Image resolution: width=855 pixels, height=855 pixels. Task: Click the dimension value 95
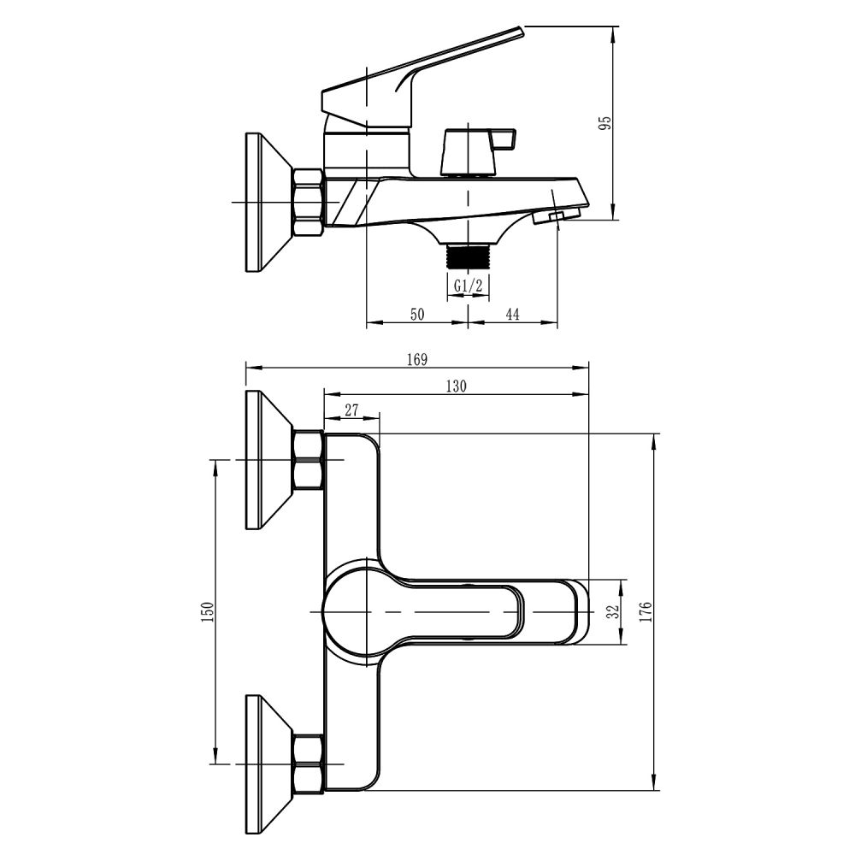pos(605,122)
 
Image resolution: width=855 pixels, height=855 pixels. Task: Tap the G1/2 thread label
pos(468,285)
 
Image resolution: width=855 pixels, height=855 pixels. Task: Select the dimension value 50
pos(417,314)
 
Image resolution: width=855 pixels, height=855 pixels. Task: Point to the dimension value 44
pos(512,314)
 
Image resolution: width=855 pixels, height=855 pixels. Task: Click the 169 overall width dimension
pos(417,360)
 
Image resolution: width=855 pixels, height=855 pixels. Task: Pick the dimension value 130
pos(457,386)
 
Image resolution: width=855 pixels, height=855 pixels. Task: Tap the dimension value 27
pos(351,410)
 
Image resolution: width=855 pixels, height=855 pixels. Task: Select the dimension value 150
pos(207,612)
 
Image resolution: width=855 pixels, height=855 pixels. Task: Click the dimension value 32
pos(615,611)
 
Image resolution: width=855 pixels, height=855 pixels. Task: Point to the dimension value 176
pos(646,612)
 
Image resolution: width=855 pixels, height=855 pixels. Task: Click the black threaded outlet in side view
pos(468,256)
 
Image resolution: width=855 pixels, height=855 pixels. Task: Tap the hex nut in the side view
pos(310,203)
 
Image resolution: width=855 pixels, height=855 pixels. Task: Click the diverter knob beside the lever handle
pos(479,153)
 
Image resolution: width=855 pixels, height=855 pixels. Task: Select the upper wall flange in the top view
pos(269,460)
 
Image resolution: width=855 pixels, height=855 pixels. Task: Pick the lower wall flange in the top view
pos(269,764)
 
